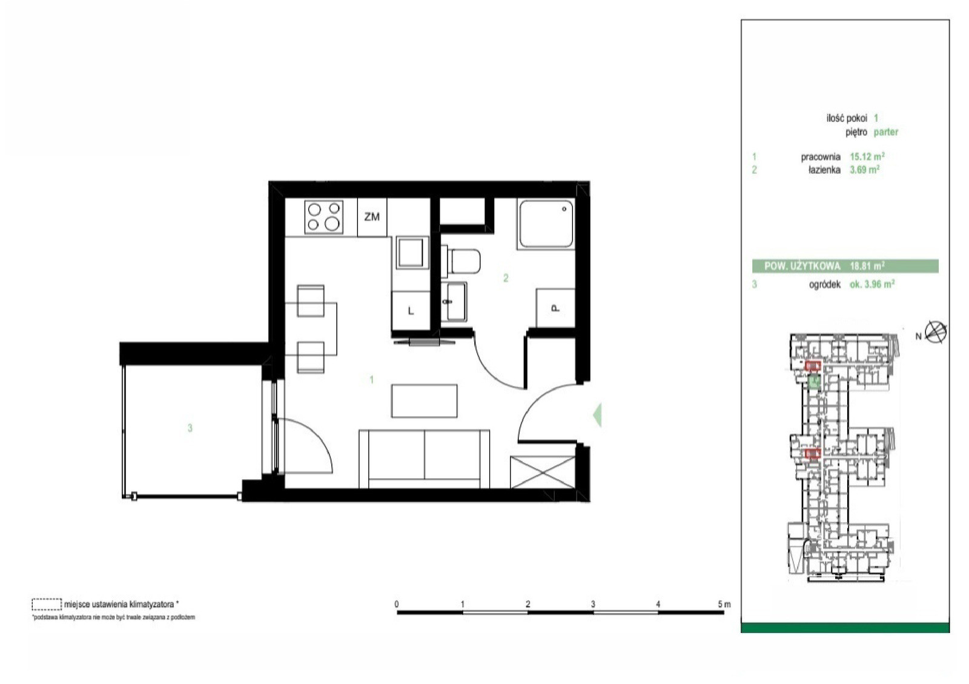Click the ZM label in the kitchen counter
click(372, 217)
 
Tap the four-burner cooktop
click(323, 217)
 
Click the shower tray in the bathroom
click(546, 224)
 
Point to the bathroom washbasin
click(454, 302)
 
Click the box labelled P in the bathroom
click(555, 308)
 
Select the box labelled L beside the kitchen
click(411, 311)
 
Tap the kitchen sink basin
click(410, 252)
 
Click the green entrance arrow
click(597, 414)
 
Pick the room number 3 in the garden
click(190, 428)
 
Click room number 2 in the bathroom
click(506, 278)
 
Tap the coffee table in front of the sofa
click(424, 400)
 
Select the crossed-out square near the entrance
click(543, 472)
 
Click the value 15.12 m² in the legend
click(867, 156)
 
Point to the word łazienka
click(824, 170)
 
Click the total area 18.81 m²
click(867, 265)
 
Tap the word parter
click(886, 132)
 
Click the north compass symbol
click(935, 332)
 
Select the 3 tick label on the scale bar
click(593, 604)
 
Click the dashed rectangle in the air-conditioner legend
click(47, 604)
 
